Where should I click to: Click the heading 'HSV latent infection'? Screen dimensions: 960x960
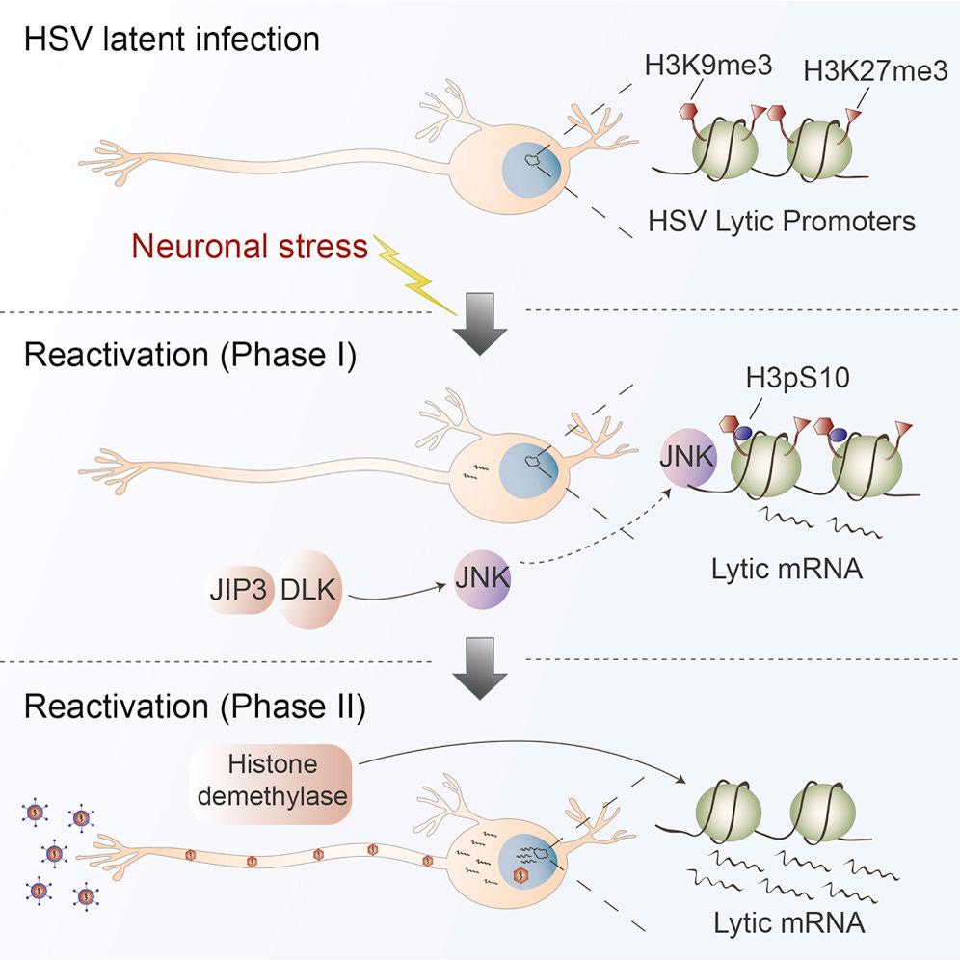(171, 40)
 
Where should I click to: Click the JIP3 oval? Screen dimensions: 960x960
(237, 590)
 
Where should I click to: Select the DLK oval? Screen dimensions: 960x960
(309, 589)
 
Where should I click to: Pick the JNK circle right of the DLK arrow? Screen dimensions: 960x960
(483, 580)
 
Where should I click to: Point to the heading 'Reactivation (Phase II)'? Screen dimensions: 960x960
(195, 706)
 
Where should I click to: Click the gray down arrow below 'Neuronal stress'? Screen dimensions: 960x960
(479, 322)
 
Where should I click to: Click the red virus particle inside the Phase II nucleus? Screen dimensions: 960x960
(522, 875)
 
